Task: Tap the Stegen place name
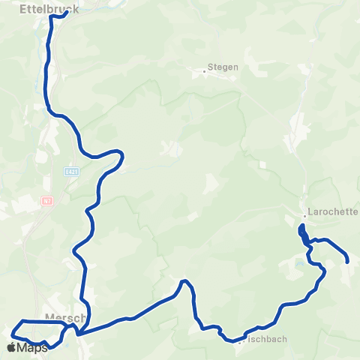click(223, 67)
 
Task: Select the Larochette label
click(332, 211)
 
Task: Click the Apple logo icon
click(10, 347)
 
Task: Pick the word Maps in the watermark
click(33, 347)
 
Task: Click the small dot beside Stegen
click(204, 72)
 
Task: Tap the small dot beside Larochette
click(304, 216)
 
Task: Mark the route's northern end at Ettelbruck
click(66, 12)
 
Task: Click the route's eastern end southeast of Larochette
click(348, 261)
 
